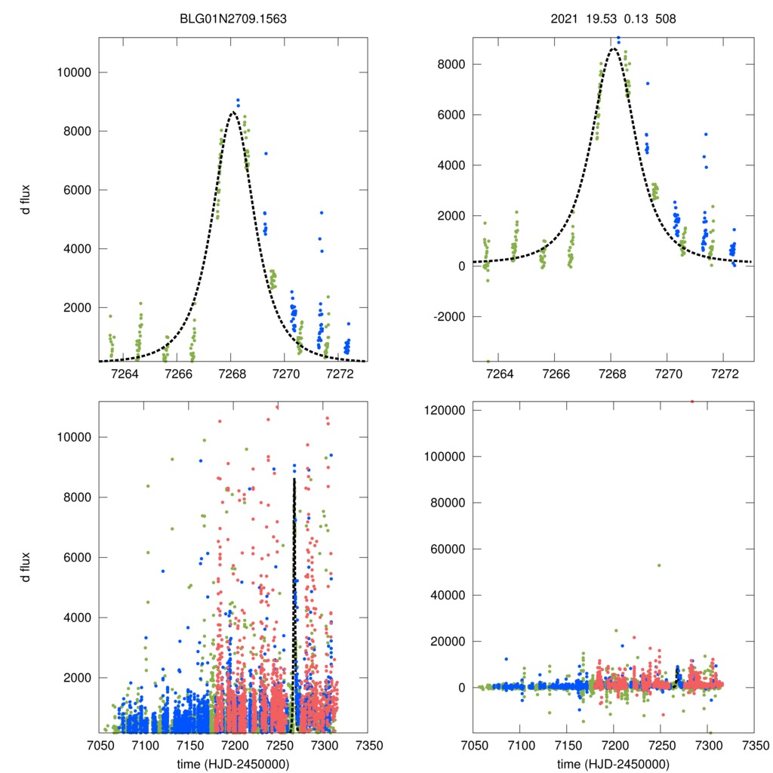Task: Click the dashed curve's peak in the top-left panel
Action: (x=233, y=112)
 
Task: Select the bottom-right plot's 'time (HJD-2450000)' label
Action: (x=613, y=763)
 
